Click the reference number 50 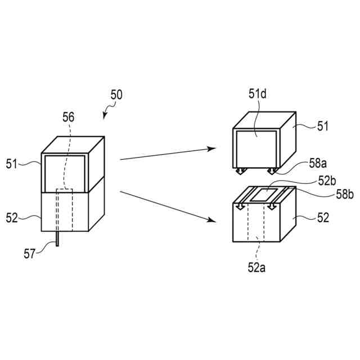pos(116,95)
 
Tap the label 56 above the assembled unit pos(68,117)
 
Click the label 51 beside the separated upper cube pos(323,127)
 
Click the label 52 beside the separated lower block pos(323,216)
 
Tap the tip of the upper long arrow pos(215,148)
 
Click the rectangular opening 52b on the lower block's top pos(265,196)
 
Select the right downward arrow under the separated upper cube pos(271,170)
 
